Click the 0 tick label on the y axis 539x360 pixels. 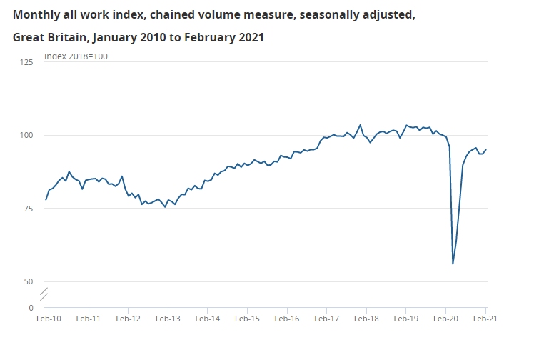tap(31, 308)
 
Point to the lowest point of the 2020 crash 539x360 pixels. tap(453, 264)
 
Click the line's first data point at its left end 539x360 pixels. tap(46, 199)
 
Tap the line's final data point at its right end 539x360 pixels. tap(486, 149)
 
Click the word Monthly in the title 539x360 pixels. tap(37, 14)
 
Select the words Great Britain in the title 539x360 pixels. tap(48, 36)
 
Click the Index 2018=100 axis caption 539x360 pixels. tap(76, 56)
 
